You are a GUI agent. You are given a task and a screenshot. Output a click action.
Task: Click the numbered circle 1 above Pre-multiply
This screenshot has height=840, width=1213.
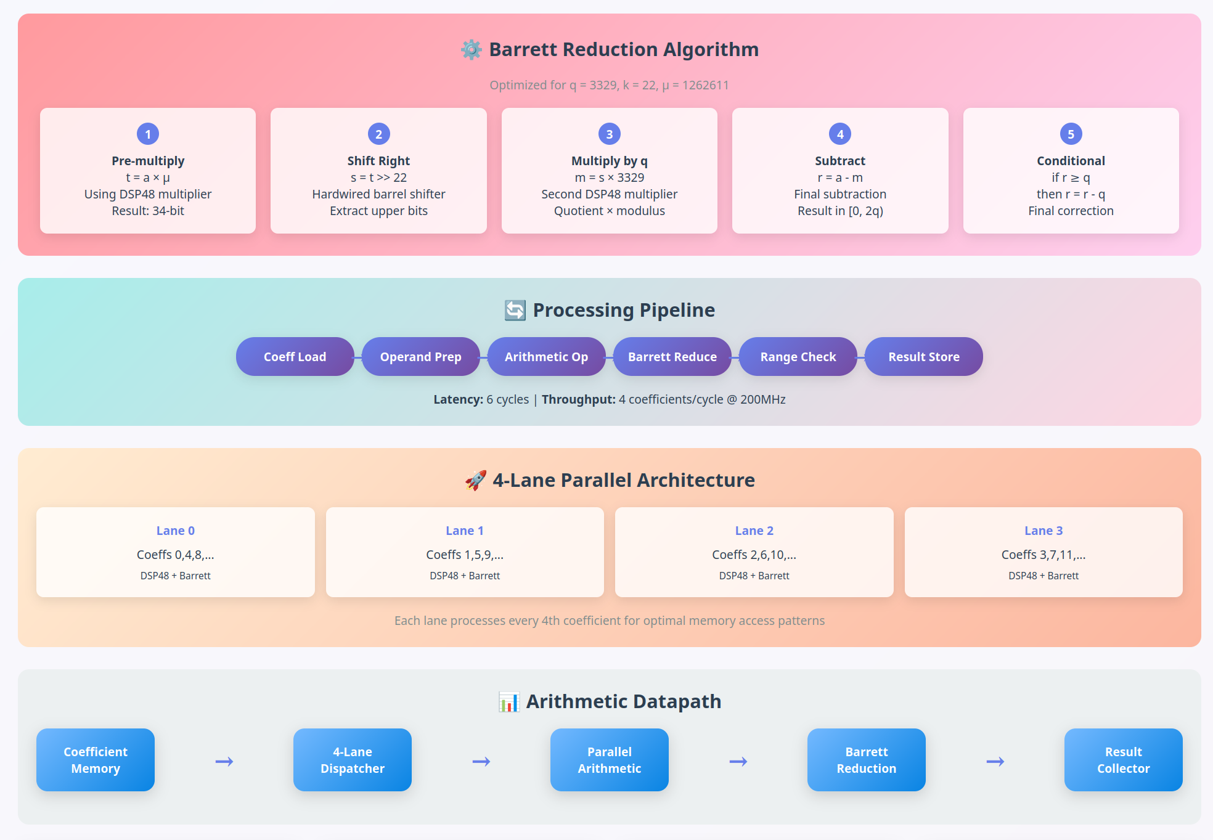pyautogui.click(x=148, y=134)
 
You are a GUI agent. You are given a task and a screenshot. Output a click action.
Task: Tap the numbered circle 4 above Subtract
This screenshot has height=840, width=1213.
pyautogui.click(x=840, y=134)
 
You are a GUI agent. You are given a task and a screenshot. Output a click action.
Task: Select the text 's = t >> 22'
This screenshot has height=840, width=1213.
pyautogui.click(x=378, y=177)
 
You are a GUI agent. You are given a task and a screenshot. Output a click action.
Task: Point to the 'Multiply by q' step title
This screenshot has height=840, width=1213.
pyautogui.click(x=609, y=161)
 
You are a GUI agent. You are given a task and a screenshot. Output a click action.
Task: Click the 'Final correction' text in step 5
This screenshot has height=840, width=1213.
pyautogui.click(x=1071, y=211)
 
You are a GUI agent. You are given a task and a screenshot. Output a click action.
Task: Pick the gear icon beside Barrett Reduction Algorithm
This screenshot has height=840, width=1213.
pyautogui.click(x=472, y=49)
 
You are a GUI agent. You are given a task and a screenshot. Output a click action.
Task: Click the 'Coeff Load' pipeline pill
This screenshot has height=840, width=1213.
pyautogui.click(x=295, y=357)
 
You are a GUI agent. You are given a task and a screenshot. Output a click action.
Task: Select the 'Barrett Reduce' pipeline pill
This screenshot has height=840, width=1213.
pyautogui.click(x=672, y=357)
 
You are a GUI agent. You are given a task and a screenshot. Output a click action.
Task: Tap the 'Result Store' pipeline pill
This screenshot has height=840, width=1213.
pyautogui.click(x=923, y=357)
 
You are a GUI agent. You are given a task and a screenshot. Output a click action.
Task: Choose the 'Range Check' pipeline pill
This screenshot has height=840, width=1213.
pyautogui.click(x=798, y=357)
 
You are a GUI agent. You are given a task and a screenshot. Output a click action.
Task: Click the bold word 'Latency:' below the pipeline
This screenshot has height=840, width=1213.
pyautogui.click(x=458, y=399)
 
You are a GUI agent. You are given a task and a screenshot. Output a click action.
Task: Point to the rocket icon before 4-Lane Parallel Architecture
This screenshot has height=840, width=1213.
pyautogui.click(x=475, y=480)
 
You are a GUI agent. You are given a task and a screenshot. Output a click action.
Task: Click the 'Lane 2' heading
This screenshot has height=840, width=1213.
pyautogui.click(x=754, y=531)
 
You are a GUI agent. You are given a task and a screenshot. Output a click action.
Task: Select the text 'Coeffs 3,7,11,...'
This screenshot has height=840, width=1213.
pyautogui.click(x=1043, y=555)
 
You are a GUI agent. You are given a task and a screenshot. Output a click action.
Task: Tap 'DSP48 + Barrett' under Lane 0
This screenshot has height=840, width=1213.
pyautogui.click(x=175, y=576)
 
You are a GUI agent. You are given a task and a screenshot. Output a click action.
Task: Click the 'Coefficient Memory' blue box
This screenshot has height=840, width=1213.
pyautogui.click(x=96, y=760)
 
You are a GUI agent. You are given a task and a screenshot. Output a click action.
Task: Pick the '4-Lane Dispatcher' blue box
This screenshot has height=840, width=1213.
pyautogui.click(x=353, y=760)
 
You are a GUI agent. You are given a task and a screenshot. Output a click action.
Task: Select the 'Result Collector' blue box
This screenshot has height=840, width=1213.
pyautogui.click(x=1123, y=760)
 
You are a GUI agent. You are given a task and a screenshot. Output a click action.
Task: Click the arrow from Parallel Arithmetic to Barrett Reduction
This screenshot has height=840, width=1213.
pyautogui.click(x=738, y=762)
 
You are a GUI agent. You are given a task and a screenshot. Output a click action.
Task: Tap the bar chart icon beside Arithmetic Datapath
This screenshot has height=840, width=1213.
pyautogui.click(x=509, y=702)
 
